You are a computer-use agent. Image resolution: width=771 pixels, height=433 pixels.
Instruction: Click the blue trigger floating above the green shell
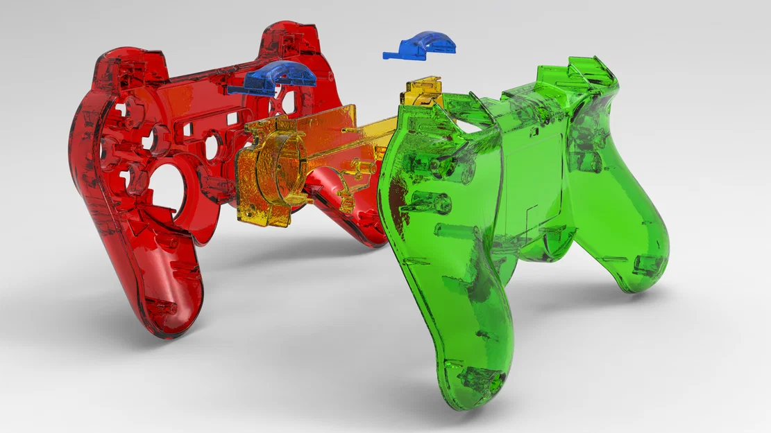coord(421,46)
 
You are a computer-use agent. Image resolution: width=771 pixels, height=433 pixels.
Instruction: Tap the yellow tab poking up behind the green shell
coord(421,90)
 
